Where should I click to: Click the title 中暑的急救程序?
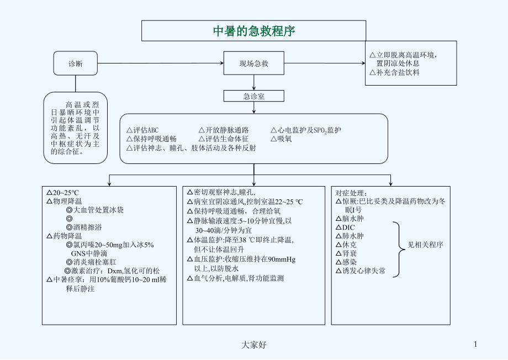click(x=254, y=31)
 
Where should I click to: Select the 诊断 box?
click(x=76, y=63)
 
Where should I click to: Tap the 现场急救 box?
click(x=253, y=63)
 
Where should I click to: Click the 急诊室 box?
click(x=253, y=96)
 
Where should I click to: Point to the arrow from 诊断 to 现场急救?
click(x=160, y=63)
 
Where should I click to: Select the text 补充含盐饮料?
click(x=398, y=73)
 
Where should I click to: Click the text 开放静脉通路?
click(x=226, y=130)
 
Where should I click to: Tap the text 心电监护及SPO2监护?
click(x=309, y=130)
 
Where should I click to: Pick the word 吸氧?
click(x=284, y=139)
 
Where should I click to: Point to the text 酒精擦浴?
click(x=91, y=227)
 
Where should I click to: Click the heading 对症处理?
click(x=351, y=193)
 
